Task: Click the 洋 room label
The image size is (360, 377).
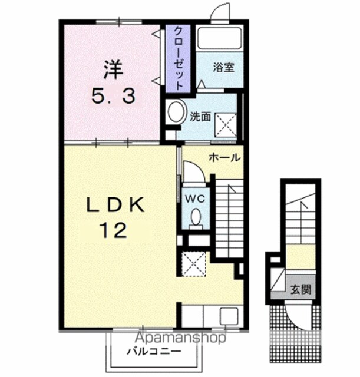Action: [113, 70]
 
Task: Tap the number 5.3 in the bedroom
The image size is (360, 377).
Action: [113, 95]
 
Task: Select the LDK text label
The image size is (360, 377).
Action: [115, 204]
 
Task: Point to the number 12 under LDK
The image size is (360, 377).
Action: [113, 230]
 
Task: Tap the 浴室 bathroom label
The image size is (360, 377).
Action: [224, 68]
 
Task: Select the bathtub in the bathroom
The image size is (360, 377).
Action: [220, 38]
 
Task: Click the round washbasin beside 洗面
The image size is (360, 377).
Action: [177, 113]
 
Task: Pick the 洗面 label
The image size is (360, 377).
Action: [200, 117]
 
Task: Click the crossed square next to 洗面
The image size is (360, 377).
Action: [226, 125]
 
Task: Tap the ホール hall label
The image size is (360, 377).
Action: [224, 158]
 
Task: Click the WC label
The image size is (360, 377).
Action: [195, 199]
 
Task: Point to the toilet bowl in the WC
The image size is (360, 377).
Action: [196, 217]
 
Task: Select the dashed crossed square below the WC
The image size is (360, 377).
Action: [194, 264]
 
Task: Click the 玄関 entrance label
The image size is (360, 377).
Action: [300, 289]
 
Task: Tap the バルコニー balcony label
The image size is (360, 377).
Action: [154, 352]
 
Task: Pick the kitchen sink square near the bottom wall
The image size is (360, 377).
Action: [229, 316]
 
